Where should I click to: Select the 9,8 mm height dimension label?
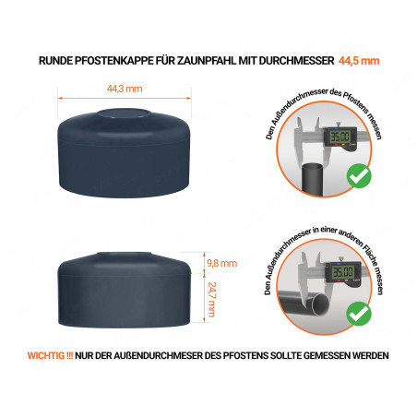point(221,263)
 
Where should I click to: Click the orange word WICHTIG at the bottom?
point(52,355)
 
